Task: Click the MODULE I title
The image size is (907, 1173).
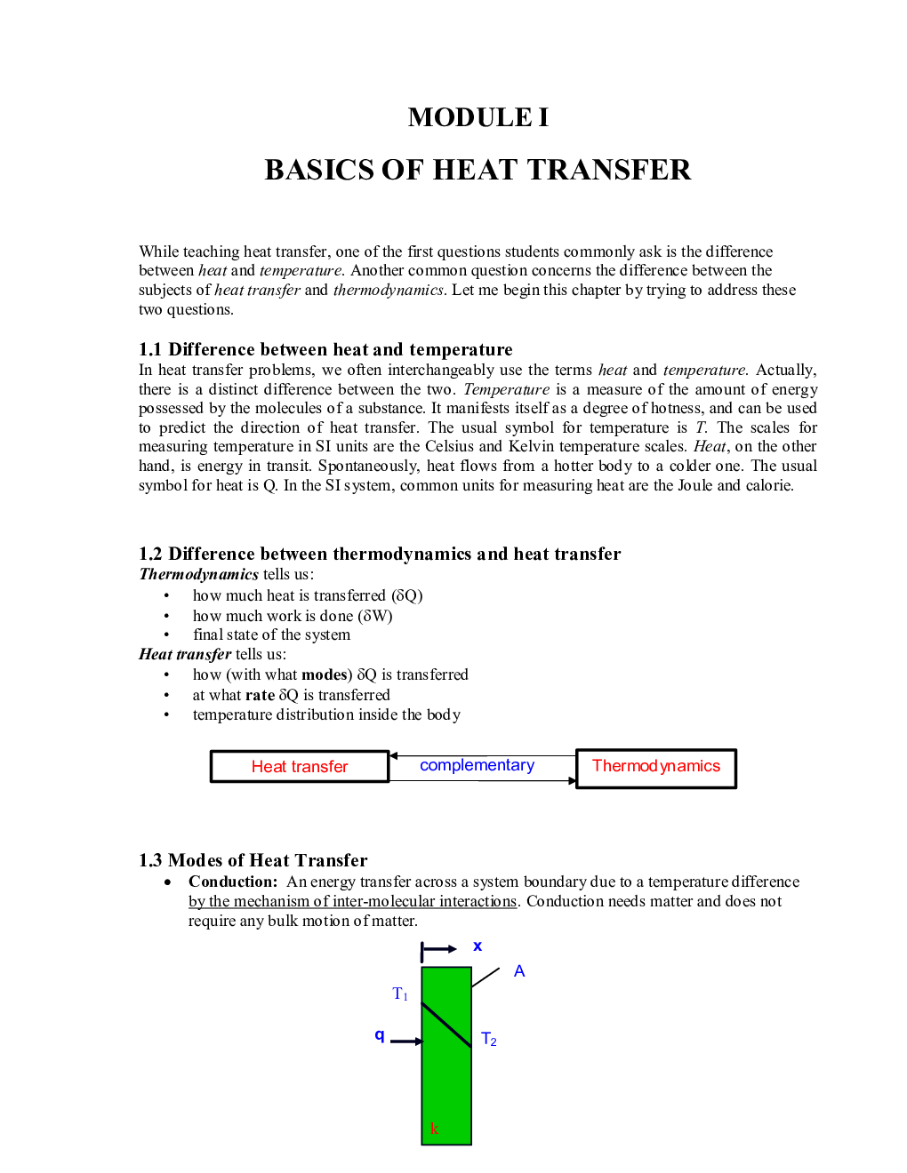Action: coord(478,117)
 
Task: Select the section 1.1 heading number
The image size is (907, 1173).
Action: coord(149,349)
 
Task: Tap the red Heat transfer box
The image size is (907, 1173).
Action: coord(300,767)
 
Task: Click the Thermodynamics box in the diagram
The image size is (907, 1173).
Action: coord(656,767)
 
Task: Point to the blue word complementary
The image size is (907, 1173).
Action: coord(477,765)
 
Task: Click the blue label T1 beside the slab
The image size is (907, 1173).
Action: coord(400,993)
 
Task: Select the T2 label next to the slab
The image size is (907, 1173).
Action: coord(488,1039)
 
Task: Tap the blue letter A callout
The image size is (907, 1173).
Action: coord(519,971)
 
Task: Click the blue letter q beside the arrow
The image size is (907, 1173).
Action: coord(380,1035)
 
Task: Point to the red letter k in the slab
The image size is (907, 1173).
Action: coord(434,1129)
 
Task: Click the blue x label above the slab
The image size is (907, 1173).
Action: coord(478,946)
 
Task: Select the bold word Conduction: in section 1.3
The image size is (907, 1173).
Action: coord(233,882)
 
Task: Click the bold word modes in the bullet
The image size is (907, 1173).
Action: coord(325,674)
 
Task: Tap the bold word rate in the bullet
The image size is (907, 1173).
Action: coord(260,695)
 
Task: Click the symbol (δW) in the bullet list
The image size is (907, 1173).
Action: coord(375,616)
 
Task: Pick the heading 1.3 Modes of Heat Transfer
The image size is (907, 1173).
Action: coord(253,860)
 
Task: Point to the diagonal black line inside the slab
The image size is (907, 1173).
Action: coord(446,1025)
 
